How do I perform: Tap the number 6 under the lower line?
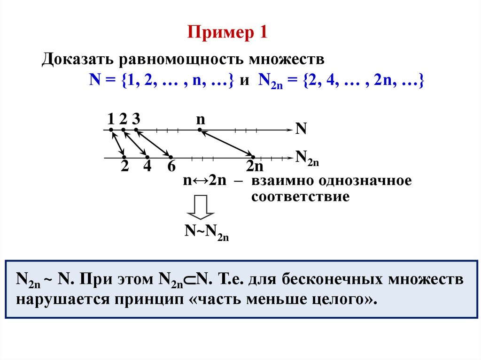[x=171, y=167]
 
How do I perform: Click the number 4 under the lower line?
[x=147, y=167]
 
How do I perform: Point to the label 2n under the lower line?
[x=255, y=168]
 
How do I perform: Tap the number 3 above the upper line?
[x=136, y=118]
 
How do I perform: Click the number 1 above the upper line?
[x=111, y=118]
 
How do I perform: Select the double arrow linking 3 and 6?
[x=153, y=143]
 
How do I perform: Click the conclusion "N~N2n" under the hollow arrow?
[x=206, y=232]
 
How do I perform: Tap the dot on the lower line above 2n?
[x=253, y=157]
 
